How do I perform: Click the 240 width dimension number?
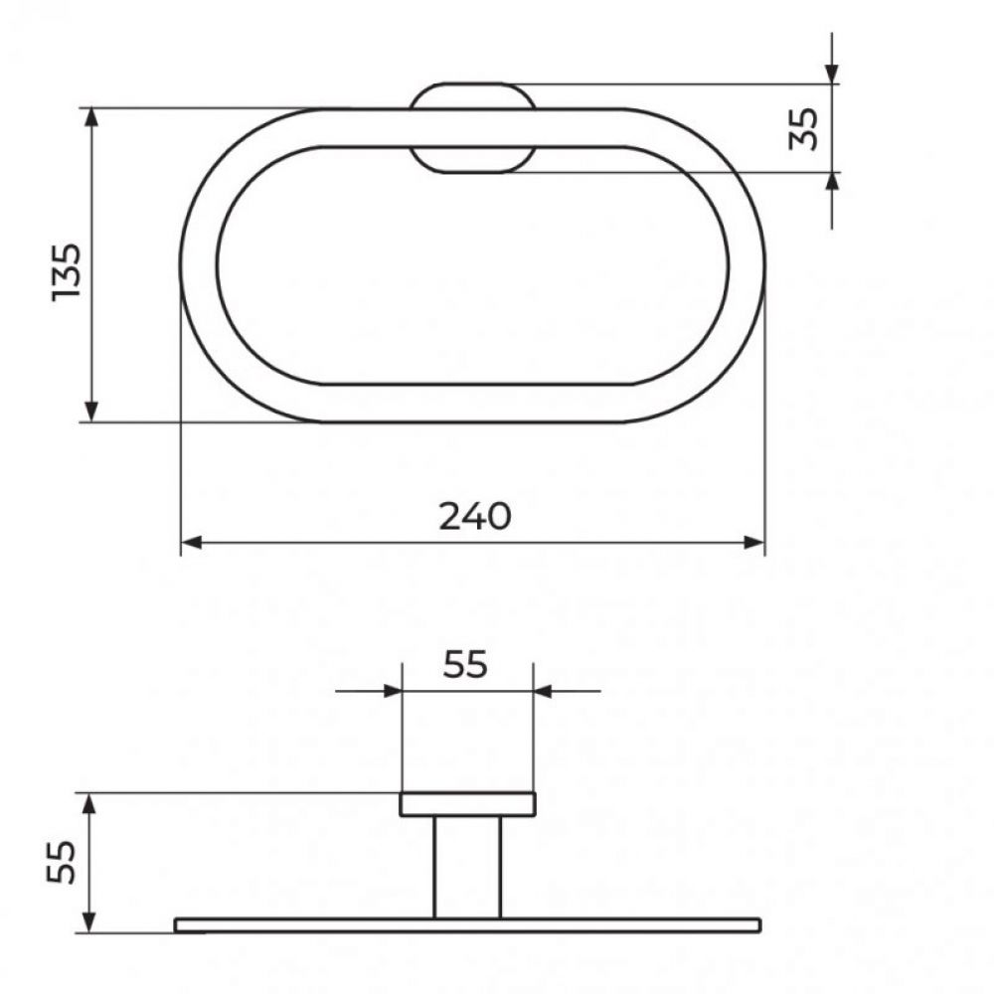point(475,516)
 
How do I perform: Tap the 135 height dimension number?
point(67,272)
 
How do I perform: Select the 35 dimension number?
point(803,128)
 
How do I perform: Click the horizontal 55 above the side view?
point(465,664)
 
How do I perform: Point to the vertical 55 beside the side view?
point(62,862)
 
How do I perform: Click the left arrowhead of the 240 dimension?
point(192,543)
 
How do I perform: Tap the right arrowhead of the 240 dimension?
point(754,543)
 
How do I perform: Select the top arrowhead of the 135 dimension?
point(91,118)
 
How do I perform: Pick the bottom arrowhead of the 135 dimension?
point(91,411)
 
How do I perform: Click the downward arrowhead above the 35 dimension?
point(832,74)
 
